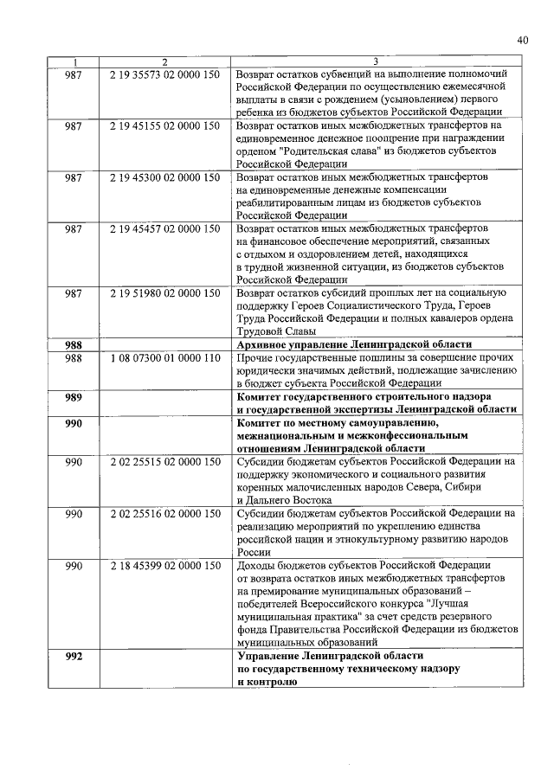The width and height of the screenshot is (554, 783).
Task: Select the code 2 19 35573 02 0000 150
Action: click(165, 74)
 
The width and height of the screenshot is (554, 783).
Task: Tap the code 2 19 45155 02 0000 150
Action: click(165, 126)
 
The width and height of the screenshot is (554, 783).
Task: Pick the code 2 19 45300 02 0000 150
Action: click(165, 176)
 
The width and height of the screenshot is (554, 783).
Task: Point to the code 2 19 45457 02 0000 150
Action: click(165, 228)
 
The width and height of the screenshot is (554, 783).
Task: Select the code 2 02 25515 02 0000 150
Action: click(165, 462)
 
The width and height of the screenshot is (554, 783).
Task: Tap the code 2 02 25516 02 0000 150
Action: click(165, 514)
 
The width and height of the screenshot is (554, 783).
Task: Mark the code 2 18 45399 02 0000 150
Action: click(165, 566)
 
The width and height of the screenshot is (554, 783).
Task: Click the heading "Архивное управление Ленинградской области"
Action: click(355, 344)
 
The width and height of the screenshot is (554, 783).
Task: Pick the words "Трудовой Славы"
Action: click(276, 331)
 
